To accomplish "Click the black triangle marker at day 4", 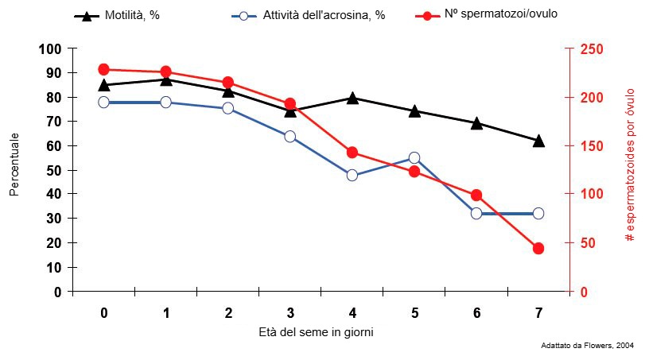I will tap(352, 98).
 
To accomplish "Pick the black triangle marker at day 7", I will tap(538, 141).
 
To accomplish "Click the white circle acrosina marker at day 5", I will tap(414, 158).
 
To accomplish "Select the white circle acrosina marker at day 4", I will tap(352, 175).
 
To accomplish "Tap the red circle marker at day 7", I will tap(538, 248).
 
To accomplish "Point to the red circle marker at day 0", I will tap(104, 69).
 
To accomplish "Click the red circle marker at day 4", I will tap(352, 153).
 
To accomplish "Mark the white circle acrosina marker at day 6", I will tap(476, 213).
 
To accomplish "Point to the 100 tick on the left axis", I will tap(50, 49).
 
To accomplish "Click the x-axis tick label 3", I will tap(290, 312).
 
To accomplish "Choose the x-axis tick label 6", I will tap(476, 312).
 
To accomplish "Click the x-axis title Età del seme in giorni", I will tap(316, 331).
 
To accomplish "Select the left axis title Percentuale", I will tap(14, 165).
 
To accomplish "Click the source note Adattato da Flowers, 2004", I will tap(587, 346).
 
